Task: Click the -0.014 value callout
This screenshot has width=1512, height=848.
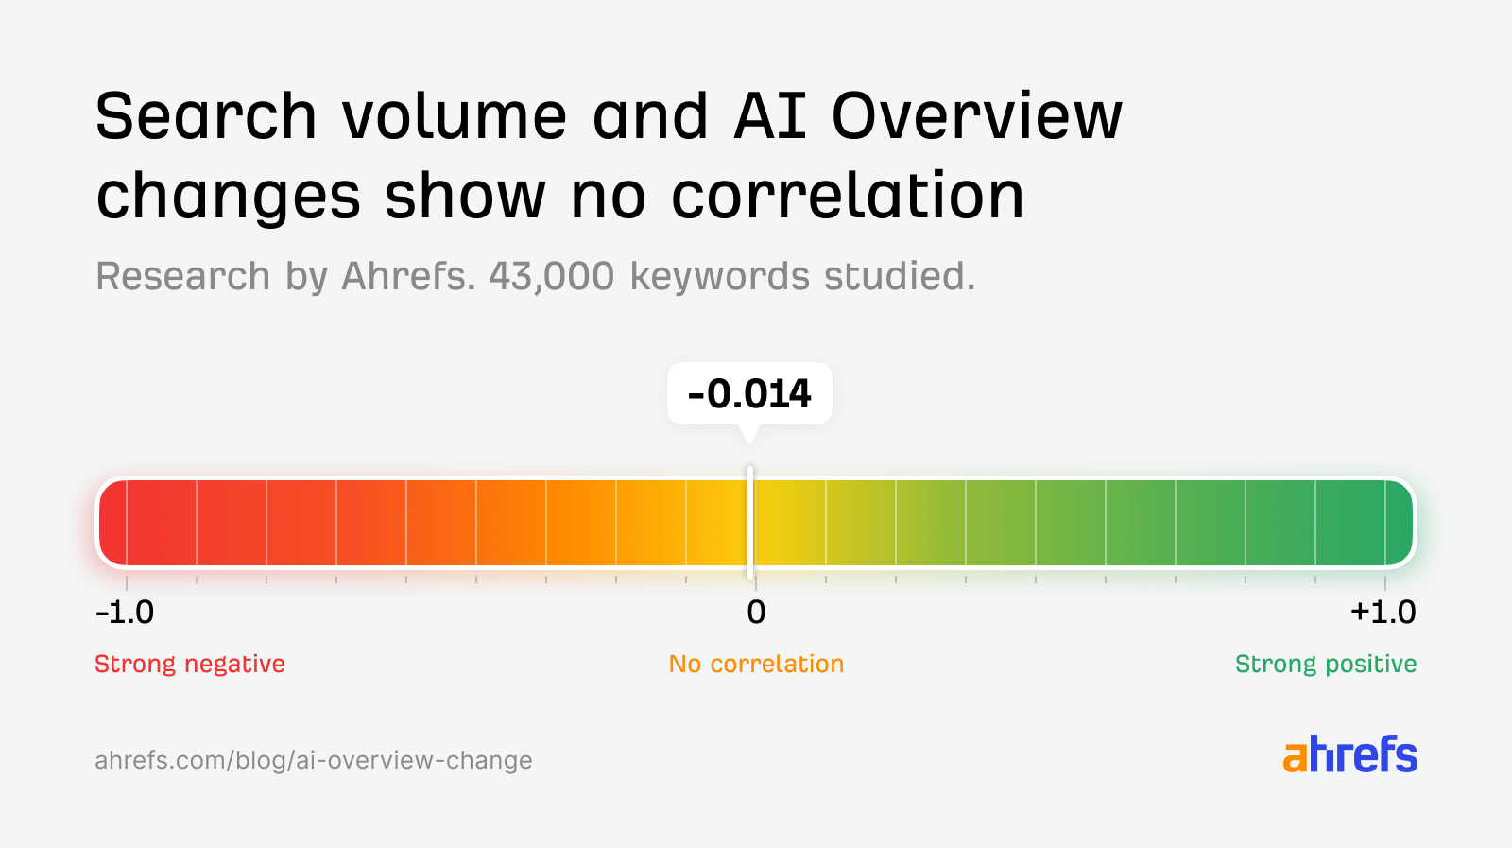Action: coord(749,393)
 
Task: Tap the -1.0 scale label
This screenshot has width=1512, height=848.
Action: coord(125,613)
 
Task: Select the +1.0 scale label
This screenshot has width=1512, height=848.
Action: coord(1383,613)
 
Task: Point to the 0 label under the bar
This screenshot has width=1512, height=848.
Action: coord(756,613)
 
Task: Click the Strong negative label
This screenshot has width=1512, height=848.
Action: coord(189,664)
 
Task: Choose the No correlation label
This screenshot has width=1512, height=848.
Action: coord(756,664)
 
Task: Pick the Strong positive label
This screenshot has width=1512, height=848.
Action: coord(1325,664)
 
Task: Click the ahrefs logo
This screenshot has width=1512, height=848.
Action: coord(1349,754)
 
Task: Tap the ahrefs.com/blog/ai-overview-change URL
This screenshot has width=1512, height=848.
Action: coord(313,760)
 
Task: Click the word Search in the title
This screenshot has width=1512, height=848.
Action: coord(206,116)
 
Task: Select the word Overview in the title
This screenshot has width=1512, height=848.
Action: coord(977,116)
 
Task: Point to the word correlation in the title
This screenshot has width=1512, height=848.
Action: coord(848,197)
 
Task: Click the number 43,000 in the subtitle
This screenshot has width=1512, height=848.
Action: coord(551,277)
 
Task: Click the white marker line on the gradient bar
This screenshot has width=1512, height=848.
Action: coord(750,522)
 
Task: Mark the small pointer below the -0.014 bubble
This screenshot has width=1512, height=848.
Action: coord(749,434)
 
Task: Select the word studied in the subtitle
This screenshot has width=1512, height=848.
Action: coord(899,277)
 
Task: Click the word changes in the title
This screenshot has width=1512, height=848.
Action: coord(228,197)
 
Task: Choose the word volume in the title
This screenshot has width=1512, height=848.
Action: coord(454,116)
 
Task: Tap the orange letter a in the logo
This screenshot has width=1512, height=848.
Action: coord(1296,756)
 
